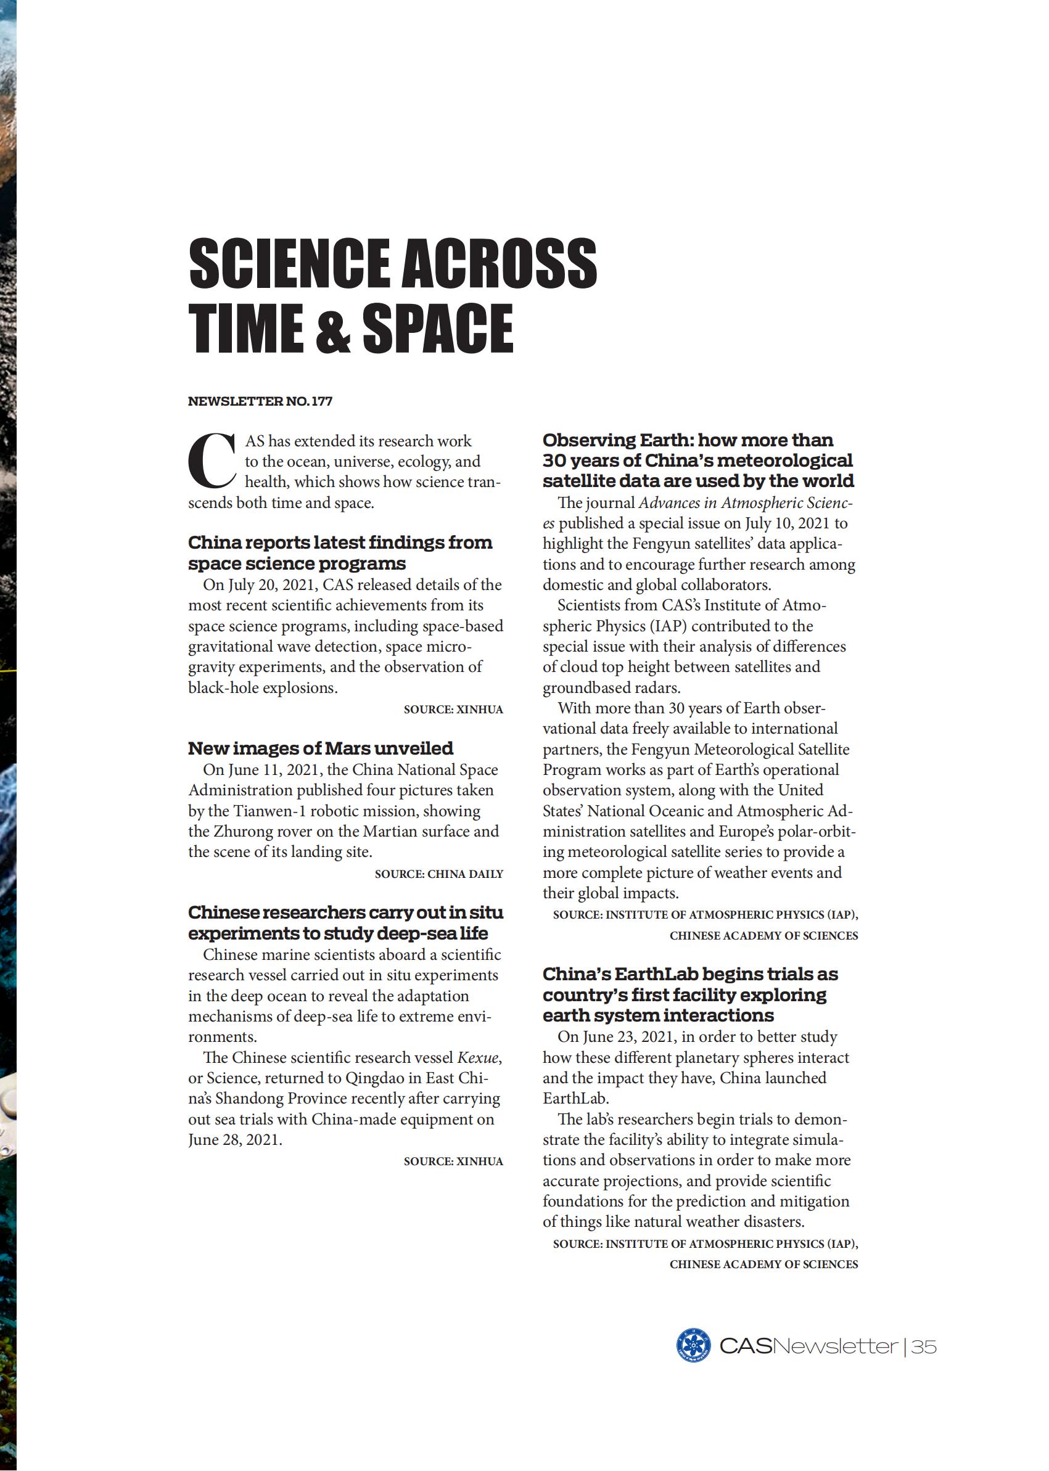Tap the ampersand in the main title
pos(332,330)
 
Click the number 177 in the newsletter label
pos(322,401)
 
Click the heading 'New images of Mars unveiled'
pos(321,748)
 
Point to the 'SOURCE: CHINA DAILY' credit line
pos(438,874)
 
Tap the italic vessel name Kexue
pos(478,1058)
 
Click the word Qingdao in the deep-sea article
pos(376,1078)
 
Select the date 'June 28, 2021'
pos(234,1140)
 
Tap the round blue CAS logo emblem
pos(693,1346)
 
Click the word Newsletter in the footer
pos(835,1347)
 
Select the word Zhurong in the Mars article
pos(243,832)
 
